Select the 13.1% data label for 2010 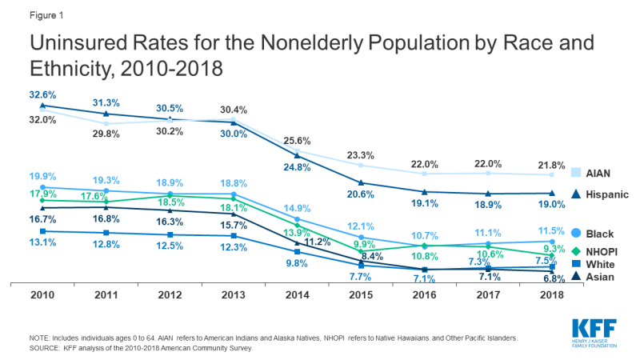click(43, 244)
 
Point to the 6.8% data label click(552, 280)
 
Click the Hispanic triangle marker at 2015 click(361, 183)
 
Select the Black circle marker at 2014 click(298, 219)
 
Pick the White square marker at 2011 click(106, 233)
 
